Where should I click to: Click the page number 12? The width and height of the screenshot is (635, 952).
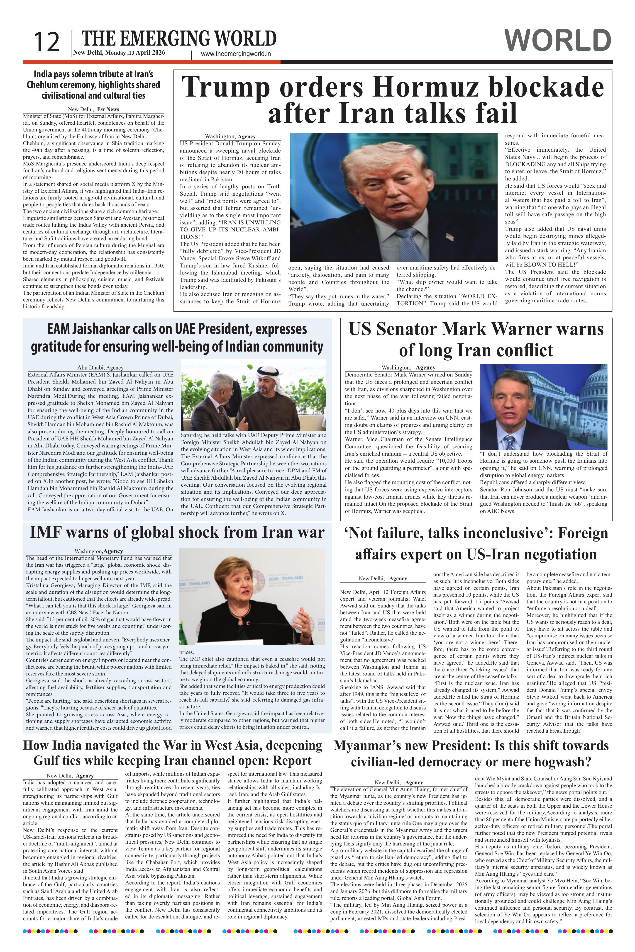46,42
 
